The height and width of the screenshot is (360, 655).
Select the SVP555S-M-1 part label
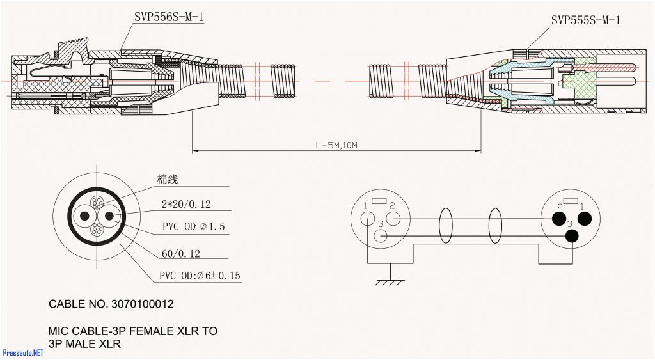585,20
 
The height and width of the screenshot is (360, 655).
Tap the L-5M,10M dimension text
336,145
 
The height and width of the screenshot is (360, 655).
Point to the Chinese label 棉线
168,180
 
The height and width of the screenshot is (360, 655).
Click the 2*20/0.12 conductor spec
186,205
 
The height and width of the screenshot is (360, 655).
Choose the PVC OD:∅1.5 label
193,226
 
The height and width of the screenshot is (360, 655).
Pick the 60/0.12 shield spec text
180,254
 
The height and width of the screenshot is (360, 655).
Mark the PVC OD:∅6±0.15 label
200,276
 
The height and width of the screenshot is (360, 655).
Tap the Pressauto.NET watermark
23,352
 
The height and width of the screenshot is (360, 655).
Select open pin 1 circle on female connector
368,218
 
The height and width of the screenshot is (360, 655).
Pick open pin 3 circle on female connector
381,236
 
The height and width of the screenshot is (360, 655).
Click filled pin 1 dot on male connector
584,219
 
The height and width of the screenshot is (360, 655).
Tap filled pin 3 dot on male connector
571,236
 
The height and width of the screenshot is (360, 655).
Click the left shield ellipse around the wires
445,226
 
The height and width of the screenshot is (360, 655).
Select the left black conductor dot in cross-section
84,215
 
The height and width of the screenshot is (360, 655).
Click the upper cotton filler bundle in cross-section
97,203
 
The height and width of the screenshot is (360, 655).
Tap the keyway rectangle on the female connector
379,201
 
